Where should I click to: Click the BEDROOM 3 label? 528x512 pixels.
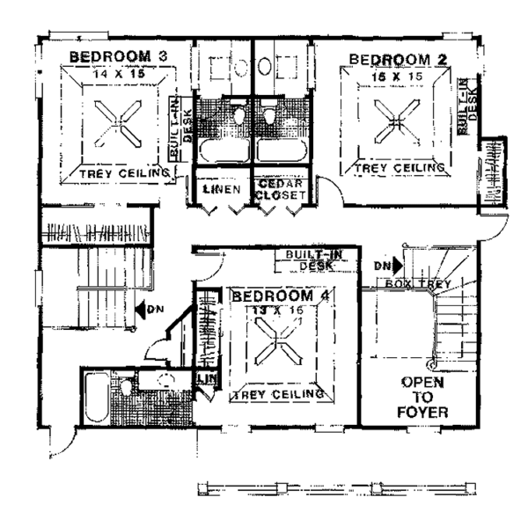click(118, 57)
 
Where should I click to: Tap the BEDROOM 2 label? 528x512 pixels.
click(399, 59)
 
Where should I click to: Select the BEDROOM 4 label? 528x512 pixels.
click(281, 296)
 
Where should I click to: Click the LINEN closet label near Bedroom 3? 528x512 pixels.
click(221, 189)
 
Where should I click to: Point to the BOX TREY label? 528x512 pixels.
click(419, 284)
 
